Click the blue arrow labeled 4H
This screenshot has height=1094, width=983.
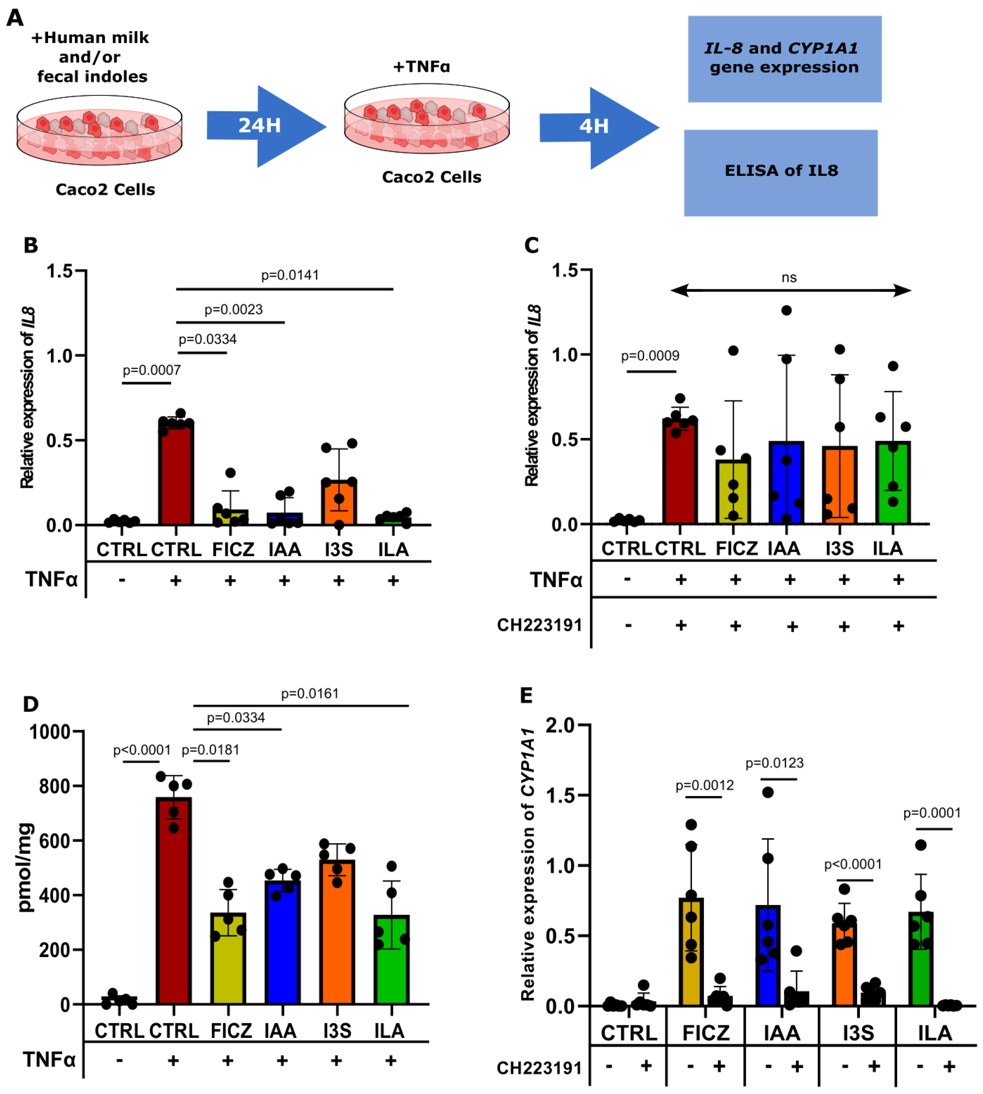click(x=597, y=127)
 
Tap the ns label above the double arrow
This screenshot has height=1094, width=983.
click(x=789, y=278)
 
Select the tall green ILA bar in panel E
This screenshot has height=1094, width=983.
click(x=921, y=959)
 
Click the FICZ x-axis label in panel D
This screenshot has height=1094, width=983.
click(x=231, y=1031)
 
